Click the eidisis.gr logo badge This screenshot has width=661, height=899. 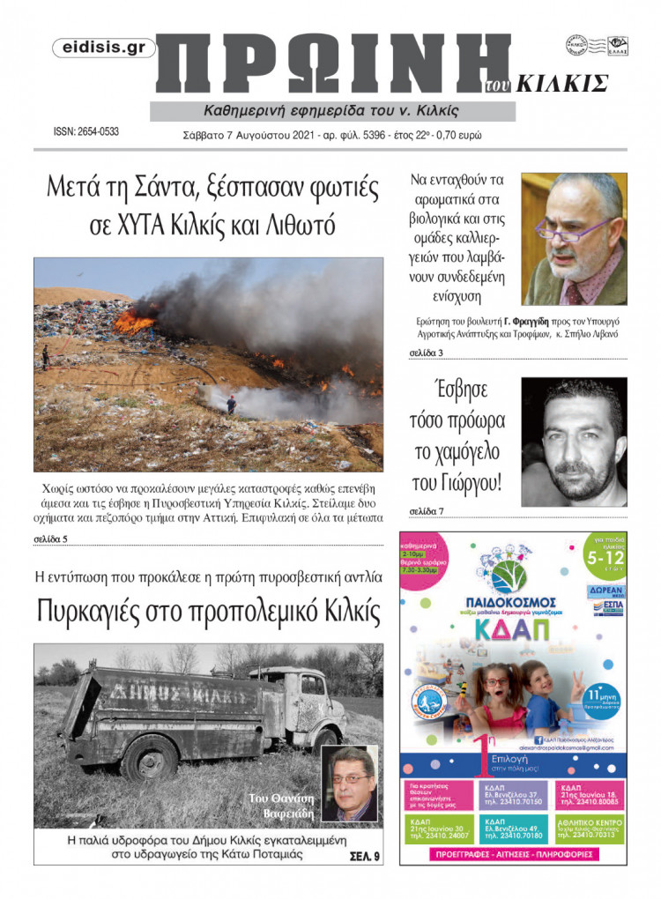[103, 49]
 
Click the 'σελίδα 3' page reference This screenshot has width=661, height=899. [427, 353]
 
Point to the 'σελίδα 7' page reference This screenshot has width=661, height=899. [427, 511]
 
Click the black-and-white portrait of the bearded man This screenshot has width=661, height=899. [574, 442]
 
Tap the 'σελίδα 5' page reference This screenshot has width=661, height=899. [50, 538]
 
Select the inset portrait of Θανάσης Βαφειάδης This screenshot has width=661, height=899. [349, 784]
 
